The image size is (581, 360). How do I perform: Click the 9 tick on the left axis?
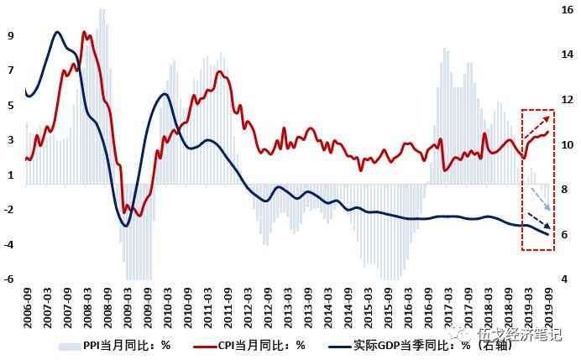point(10,36)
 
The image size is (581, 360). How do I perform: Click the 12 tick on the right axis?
point(567,100)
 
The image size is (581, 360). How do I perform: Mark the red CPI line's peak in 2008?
point(83,33)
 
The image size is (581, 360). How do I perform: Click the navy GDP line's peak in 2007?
point(56,32)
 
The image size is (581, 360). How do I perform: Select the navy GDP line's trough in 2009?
point(125,226)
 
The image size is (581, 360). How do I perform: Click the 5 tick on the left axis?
point(10,106)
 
